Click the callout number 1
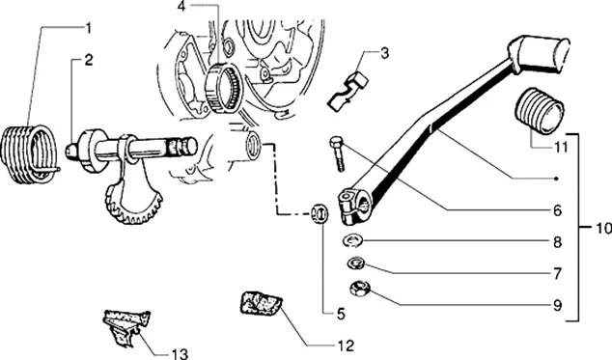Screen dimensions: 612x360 click(x=89, y=28)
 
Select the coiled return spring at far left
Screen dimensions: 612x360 click(x=29, y=154)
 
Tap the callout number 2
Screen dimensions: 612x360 click(x=89, y=60)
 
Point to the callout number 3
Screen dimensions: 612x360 click(x=384, y=53)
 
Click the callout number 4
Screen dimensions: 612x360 click(x=182, y=7)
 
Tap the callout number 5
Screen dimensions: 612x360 click(x=341, y=314)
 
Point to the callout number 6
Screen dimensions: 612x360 click(x=557, y=210)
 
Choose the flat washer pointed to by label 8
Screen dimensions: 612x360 click(x=352, y=239)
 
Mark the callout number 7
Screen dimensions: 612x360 click(x=557, y=273)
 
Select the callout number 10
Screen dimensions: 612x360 click(x=604, y=228)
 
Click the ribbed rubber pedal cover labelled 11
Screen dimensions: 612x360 click(x=539, y=111)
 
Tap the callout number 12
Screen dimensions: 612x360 click(x=346, y=345)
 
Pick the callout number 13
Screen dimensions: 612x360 click(x=180, y=353)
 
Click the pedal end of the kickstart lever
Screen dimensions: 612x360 click(x=540, y=54)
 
